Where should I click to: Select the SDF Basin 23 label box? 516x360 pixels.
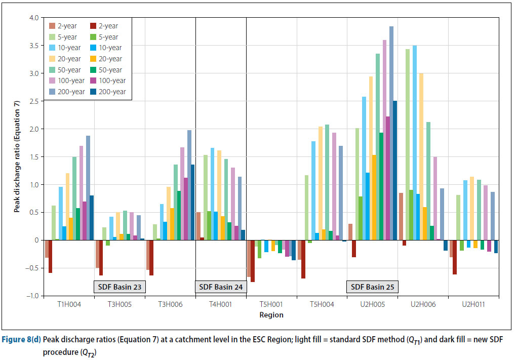point(120,287)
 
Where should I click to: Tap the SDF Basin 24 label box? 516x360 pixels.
point(221,287)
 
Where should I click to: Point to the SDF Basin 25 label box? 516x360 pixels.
point(372,287)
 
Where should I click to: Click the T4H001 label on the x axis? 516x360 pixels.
point(221,305)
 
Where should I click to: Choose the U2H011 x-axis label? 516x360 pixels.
point(473,305)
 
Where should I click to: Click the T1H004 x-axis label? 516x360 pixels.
point(69,305)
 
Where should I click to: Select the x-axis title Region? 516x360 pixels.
point(272,315)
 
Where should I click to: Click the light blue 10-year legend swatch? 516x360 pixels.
point(53,48)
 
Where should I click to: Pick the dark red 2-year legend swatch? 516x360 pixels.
point(94,26)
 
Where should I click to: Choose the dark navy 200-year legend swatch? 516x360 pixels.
point(94,92)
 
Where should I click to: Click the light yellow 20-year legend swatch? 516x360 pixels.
point(53,59)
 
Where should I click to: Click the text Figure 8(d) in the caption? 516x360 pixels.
point(20,338)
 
